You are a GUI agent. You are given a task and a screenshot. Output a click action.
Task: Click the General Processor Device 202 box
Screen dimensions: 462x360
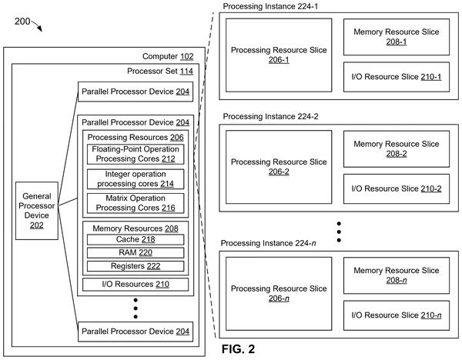[37, 211]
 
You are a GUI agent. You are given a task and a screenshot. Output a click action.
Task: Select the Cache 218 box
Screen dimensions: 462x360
[136, 239]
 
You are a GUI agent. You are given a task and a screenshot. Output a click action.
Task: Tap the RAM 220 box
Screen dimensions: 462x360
[136, 252]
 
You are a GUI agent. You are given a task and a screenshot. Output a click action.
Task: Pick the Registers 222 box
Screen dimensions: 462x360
[136, 266]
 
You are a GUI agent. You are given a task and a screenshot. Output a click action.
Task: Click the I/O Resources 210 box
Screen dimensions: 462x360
[136, 285]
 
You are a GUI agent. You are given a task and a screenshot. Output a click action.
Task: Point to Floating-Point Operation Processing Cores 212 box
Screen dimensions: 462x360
[136, 154]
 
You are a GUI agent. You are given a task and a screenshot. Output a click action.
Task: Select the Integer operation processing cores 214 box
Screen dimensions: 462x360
[136, 179]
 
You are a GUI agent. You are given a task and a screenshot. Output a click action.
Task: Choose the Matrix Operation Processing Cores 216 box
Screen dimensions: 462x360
[136, 203]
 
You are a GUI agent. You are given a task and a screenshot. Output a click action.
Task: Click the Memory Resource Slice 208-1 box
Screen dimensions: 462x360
[397, 37]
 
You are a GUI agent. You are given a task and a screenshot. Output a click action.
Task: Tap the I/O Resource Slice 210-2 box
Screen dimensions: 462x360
[397, 188]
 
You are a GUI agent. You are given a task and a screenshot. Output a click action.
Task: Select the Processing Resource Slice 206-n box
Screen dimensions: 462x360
[279, 294]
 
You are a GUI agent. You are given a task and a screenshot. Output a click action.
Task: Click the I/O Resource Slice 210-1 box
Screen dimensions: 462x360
[397, 77]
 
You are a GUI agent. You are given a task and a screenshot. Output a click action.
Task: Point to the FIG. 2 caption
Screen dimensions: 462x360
[238, 349]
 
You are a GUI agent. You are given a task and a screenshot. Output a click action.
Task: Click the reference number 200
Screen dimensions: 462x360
[22, 22]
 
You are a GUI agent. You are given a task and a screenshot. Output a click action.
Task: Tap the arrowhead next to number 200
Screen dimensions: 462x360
[40, 28]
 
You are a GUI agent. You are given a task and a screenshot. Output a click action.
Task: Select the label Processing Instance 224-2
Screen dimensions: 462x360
[270, 117]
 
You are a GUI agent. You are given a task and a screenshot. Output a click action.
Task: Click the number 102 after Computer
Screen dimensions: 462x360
[187, 56]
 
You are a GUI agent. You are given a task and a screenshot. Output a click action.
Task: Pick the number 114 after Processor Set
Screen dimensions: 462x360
[186, 72]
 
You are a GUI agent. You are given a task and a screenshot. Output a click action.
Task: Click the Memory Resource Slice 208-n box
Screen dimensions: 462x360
[397, 275]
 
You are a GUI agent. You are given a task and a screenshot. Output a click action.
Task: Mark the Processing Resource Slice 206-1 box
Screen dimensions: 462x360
[279, 55]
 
